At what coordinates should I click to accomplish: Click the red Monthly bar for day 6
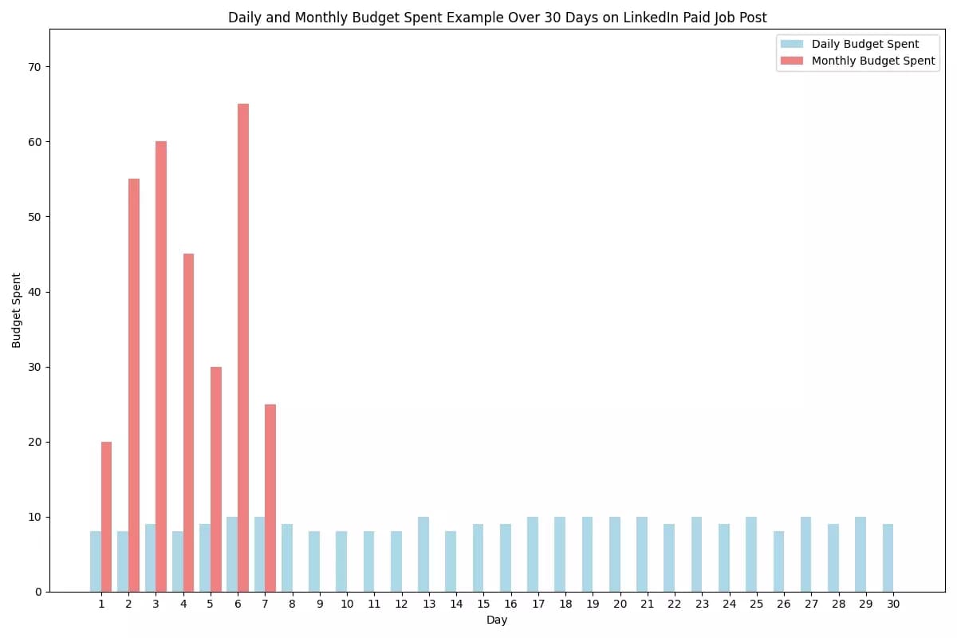coord(243,348)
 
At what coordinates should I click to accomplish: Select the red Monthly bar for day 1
coord(107,517)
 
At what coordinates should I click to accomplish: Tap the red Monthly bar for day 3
coord(161,367)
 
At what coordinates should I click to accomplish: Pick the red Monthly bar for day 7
coord(270,498)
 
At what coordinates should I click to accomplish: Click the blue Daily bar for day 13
coord(423,554)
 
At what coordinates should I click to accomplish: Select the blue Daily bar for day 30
coord(888,558)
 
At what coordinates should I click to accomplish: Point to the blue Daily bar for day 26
coord(778,561)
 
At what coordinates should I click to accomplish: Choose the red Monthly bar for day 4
coord(188,423)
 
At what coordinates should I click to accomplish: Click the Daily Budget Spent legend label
coord(864,45)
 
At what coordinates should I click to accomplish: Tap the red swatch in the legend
coord(792,61)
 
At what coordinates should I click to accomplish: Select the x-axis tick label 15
coord(483,605)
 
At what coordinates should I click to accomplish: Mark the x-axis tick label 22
coord(674,605)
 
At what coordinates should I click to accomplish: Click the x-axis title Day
coord(497,620)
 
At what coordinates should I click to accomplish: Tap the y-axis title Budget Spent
coord(17,310)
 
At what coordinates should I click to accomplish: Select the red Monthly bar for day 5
coord(216,478)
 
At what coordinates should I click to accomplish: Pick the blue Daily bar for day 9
coord(314,561)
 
